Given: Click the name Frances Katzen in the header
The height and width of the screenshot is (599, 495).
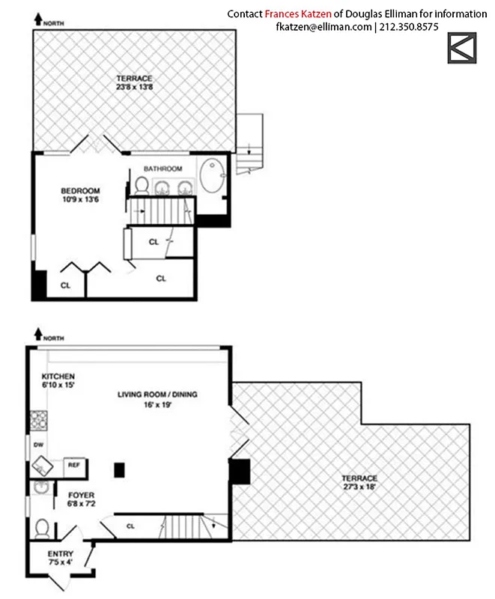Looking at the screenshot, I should click(x=296, y=13).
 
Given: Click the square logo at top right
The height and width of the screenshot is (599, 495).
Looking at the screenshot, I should click(x=462, y=48).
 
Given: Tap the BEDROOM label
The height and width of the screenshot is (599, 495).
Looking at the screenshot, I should click(x=80, y=191).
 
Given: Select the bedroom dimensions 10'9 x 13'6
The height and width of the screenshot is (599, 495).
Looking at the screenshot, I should click(x=80, y=201).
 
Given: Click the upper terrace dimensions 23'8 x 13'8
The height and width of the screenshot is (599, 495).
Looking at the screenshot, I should click(x=135, y=88).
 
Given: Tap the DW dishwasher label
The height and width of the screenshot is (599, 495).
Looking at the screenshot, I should click(x=37, y=445).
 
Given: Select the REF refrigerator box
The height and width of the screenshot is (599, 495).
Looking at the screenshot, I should click(x=74, y=465).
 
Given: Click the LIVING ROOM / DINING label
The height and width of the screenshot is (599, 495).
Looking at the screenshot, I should click(x=162, y=394).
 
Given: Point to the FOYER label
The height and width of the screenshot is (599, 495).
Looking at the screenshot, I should click(x=81, y=496).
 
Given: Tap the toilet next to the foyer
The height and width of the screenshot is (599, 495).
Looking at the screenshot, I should click(x=42, y=528).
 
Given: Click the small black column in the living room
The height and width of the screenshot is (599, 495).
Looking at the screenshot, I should click(x=118, y=470).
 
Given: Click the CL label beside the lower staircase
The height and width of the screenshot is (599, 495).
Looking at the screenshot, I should click(x=130, y=526).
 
